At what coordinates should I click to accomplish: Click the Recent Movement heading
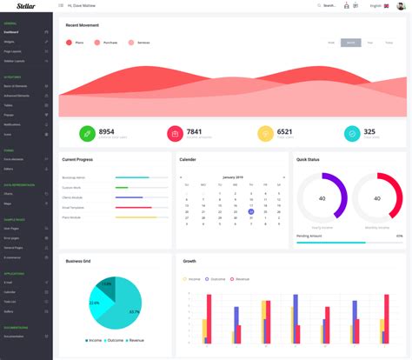pos(82,25)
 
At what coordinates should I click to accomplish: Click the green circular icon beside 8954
pos(87,133)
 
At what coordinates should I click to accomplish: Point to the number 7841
pos(194,131)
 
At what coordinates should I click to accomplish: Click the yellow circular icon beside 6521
pos(265,133)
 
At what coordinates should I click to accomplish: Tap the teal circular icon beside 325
pos(351,133)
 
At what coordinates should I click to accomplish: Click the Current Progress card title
pos(78,160)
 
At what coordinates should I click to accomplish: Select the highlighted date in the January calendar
pos(250,211)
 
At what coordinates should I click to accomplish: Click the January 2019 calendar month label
pos(230,177)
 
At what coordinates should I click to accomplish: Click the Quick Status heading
pos(309,160)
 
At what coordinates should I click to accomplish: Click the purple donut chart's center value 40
pos(322,197)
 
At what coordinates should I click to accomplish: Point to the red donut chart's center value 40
pos(377,197)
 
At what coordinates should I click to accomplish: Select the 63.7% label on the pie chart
pos(134,311)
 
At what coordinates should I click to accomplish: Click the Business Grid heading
pos(78,261)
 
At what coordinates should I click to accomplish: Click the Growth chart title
pos(189,261)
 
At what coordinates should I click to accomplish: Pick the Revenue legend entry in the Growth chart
pos(240,279)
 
